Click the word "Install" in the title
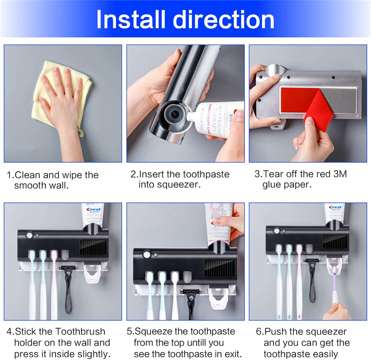131,19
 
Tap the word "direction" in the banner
223,19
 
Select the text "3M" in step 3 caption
340,174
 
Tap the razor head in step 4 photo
68,268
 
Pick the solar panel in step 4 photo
93,247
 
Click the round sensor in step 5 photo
147,255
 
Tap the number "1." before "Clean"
10,175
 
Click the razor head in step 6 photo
312,261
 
